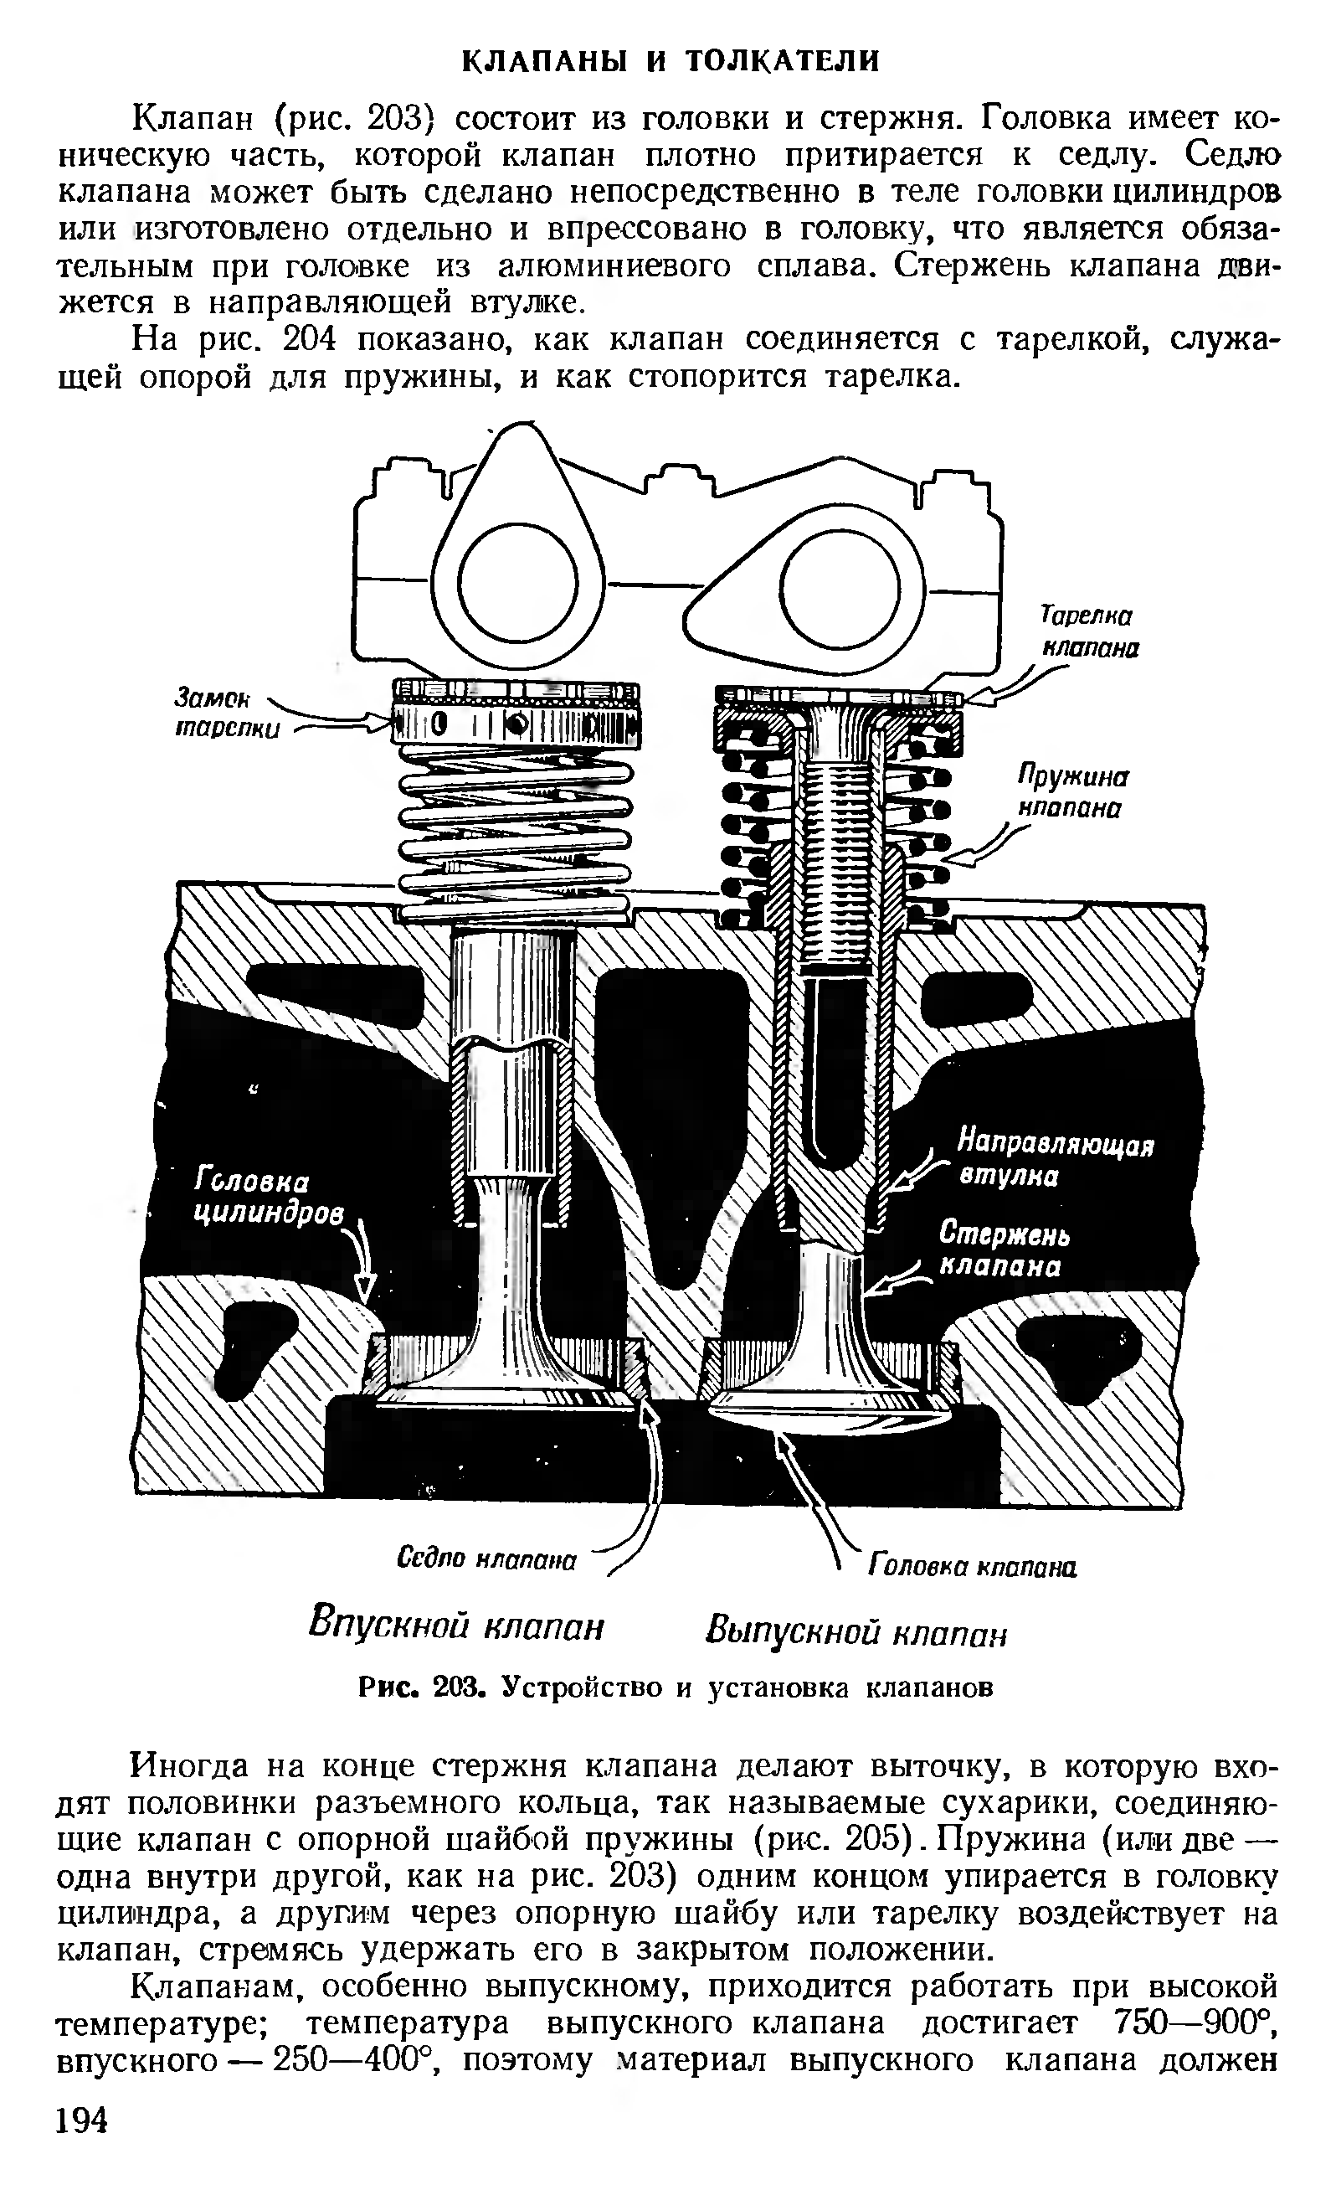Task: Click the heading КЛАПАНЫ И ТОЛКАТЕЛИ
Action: tap(671, 60)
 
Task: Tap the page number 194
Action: tap(81, 2120)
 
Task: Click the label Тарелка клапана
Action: tap(1088, 632)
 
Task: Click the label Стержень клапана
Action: tap(1004, 1250)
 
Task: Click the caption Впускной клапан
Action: tap(456, 1626)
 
